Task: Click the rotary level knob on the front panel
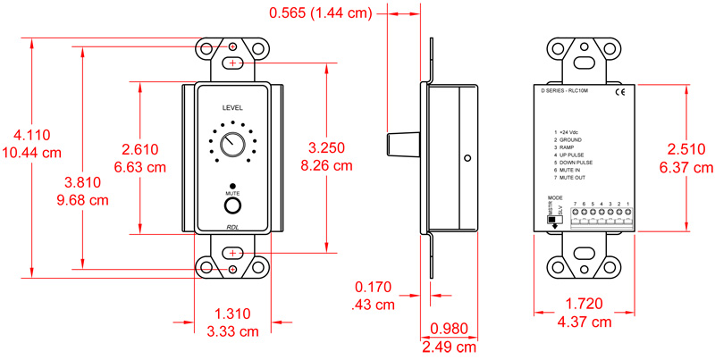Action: [232, 145]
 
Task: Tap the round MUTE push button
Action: [232, 206]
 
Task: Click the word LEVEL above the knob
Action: [232, 107]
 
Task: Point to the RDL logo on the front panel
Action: [232, 229]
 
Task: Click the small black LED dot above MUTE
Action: [232, 184]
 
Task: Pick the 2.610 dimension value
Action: [142, 149]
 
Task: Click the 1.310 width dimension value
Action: [232, 314]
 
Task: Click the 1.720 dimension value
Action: [586, 305]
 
